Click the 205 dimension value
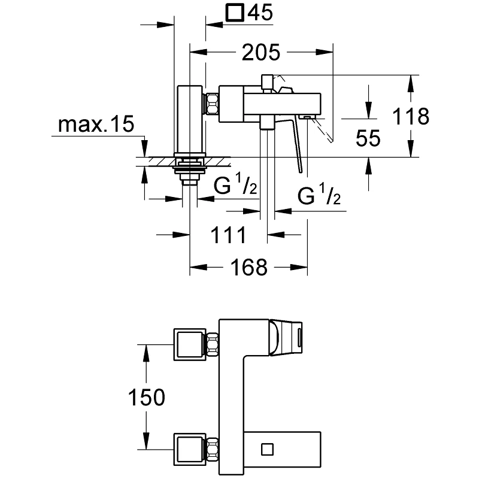click(261, 53)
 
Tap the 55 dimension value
click(368, 139)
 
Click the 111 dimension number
click(228, 235)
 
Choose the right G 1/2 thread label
click(319, 196)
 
